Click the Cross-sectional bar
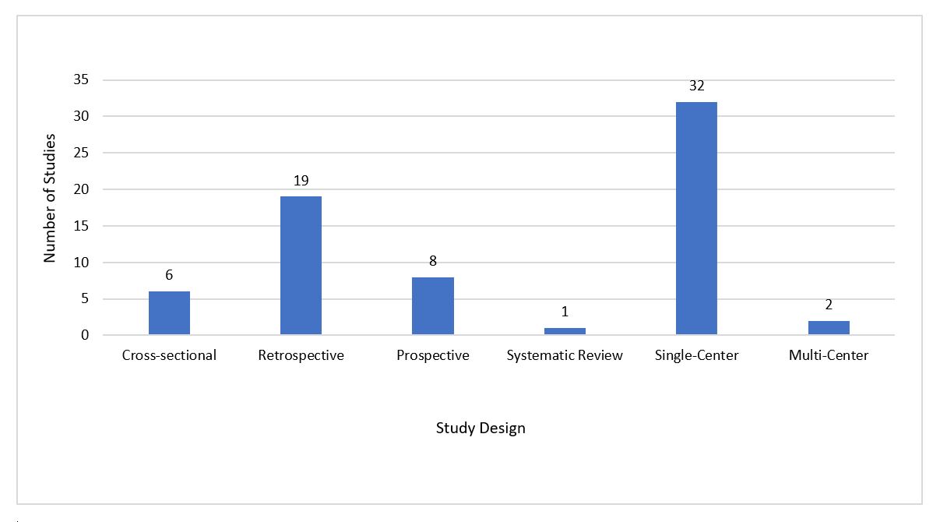169,313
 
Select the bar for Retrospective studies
301,266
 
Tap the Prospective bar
433,306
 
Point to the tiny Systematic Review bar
565,331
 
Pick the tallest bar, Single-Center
696,218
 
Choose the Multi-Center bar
829,328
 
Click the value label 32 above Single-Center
696,86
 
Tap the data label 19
301,181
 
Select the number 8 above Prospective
433,261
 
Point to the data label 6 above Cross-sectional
169,276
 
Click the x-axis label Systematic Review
565,356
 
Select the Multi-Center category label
829,356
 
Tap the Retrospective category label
301,356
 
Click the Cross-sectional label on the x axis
169,356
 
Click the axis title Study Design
481,429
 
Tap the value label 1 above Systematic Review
565,312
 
